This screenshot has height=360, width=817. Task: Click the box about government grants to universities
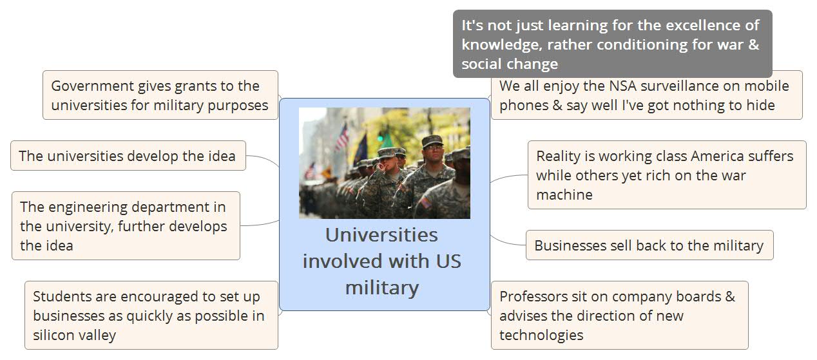[x=160, y=95]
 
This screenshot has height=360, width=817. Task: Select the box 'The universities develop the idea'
[x=128, y=156]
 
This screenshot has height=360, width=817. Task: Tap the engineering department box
[x=126, y=226]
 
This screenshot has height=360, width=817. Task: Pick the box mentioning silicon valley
[x=151, y=315]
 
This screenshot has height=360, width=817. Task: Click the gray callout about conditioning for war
[x=612, y=44]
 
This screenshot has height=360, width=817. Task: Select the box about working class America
[x=667, y=175]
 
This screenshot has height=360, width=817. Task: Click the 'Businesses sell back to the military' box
[x=649, y=245]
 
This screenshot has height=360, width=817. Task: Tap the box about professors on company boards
[x=619, y=315]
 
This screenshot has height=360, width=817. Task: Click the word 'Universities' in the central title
[x=381, y=235]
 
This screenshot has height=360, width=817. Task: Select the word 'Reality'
[x=558, y=156]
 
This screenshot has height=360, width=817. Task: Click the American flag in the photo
[x=341, y=137]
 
